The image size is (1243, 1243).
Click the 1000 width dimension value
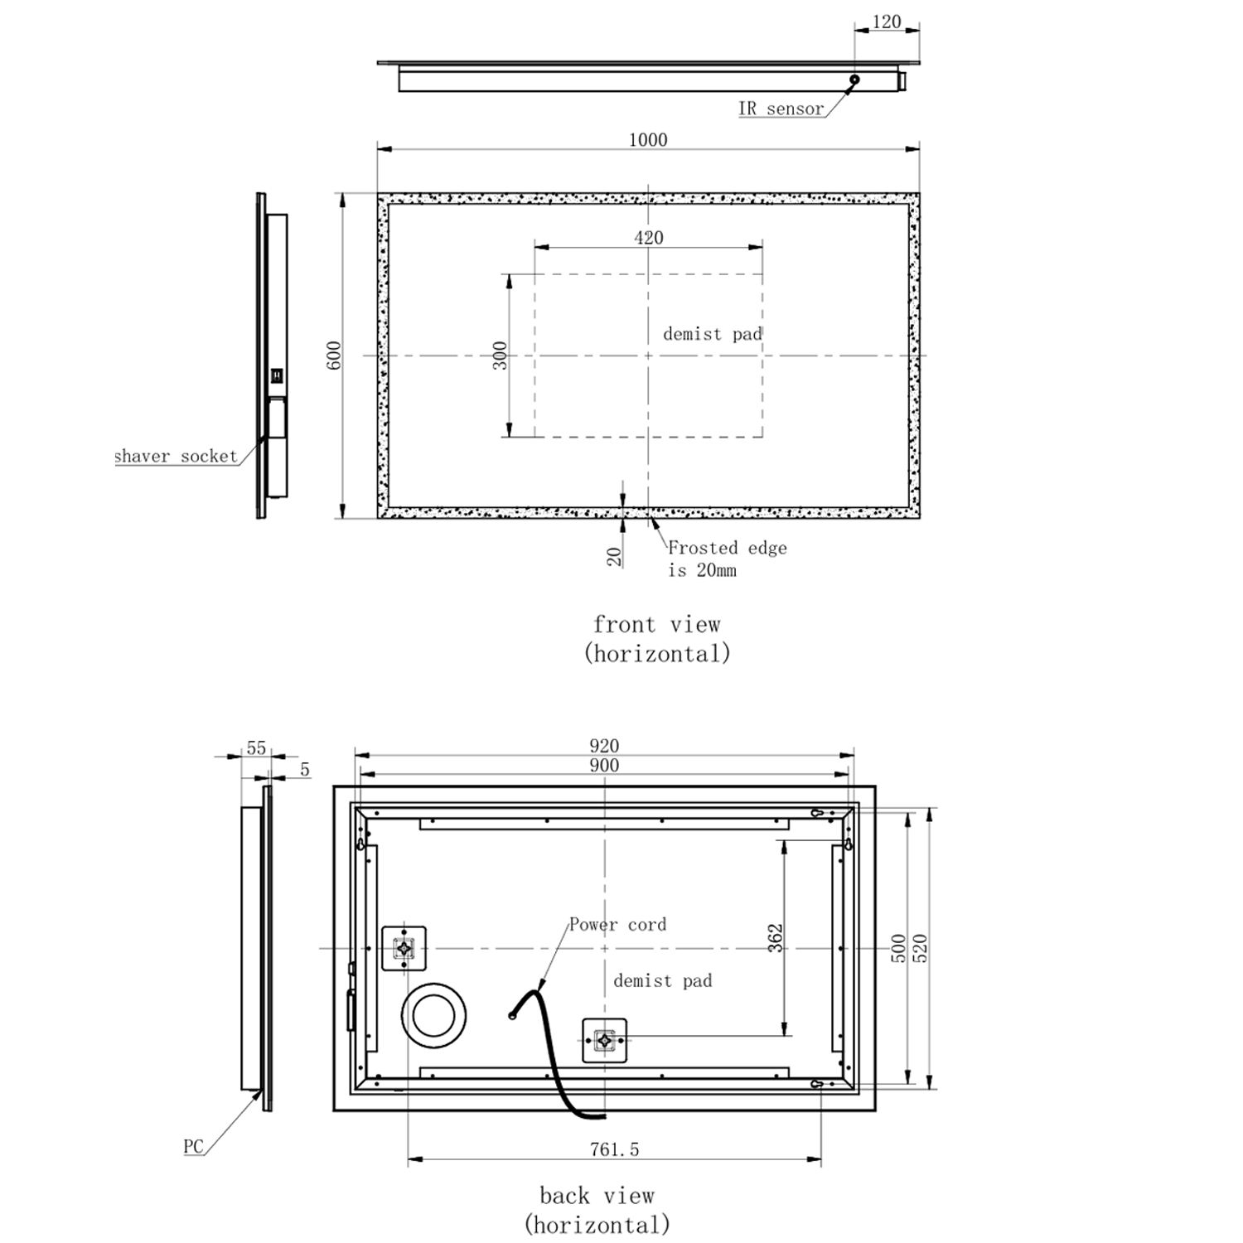point(647,139)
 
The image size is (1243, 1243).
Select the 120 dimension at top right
point(886,22)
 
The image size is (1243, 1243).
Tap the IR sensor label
point(781,109)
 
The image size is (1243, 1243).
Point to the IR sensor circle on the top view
point(854,80)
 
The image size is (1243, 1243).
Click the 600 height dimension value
point(334,355)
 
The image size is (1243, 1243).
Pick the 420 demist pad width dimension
point(648,238)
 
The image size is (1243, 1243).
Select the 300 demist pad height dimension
point(500,355)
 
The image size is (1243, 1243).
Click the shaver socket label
point(176,456)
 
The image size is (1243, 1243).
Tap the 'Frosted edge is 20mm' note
point(727,559)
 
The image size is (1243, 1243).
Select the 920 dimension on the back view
point(604,746)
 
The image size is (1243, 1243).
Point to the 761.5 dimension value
point(614,1149)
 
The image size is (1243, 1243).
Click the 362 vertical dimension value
point(776,937)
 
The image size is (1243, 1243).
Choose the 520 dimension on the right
point(920,947)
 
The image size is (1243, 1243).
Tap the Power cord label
point(617,925)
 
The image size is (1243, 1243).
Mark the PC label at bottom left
point(193,1147)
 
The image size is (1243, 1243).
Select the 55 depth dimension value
point(256,748)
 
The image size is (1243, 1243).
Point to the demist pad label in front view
point(712,334)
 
